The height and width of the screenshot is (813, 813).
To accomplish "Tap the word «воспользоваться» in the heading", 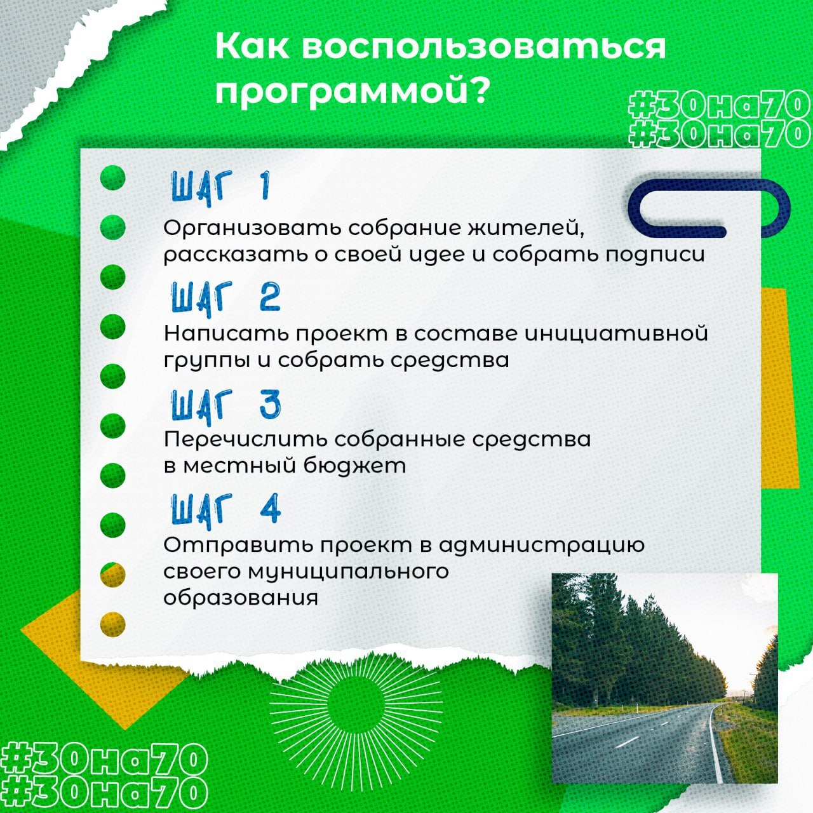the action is [483, 47].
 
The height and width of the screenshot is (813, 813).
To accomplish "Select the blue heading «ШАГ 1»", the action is [220, 187].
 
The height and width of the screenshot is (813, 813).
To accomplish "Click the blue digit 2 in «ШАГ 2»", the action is [269, 297].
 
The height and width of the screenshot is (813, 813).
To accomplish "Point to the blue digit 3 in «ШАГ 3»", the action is [270, 404].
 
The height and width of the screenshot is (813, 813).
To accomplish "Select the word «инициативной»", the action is [616, 333].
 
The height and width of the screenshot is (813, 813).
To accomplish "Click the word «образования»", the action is [241, 598].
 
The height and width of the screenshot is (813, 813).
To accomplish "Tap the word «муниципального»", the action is [349, 572].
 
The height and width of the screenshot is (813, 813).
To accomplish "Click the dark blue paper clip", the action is [709, 208].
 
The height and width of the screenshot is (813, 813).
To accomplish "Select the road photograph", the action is [665, 678].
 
